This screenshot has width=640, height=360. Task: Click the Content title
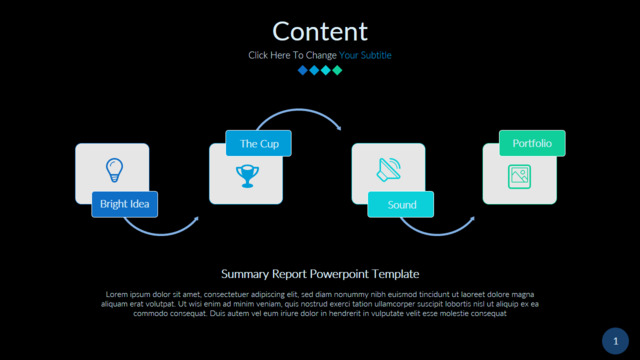[320, 31]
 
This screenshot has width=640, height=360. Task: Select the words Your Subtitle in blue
[365, 55]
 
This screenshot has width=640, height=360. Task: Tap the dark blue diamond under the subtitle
[302, 70]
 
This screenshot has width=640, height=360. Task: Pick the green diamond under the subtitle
[337, 70]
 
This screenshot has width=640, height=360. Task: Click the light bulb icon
[114, 170]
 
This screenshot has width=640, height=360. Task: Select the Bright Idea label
[124, 204]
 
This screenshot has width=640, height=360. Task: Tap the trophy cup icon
[247, 176]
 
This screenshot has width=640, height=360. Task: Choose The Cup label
[259, 143]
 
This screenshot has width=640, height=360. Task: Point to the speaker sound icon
[389, 169]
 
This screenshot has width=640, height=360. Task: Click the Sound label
[401, 204]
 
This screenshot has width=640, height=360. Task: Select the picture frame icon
[519, 176]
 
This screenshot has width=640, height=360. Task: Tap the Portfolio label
[532, 143]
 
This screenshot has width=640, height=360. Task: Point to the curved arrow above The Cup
[299, 110]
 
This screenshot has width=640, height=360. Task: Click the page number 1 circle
[615, 341]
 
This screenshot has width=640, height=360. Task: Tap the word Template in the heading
[396, 274]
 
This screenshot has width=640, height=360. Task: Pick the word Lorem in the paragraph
[117, 294]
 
